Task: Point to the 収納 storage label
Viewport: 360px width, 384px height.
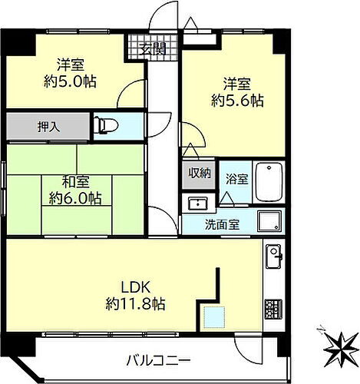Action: point(200,173)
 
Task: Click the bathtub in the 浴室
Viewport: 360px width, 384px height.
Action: point(269,183)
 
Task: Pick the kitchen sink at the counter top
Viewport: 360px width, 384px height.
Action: point(274,256)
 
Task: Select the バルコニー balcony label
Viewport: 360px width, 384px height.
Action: point(159,359)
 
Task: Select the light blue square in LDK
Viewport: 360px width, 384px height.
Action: point(213,315)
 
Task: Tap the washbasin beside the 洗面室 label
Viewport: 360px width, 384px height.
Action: point(198,204)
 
